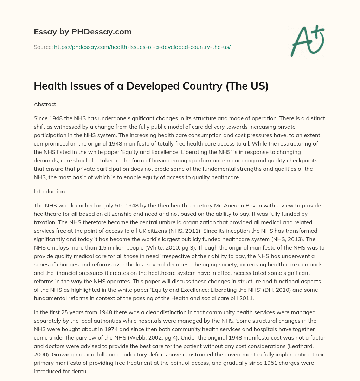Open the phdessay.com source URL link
(142, 47)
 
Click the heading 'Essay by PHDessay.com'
(83, 32)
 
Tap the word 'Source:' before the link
(43, 47)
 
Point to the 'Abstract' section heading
(45, 104)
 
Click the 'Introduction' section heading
(49, 192)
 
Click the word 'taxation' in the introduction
(44, 222)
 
